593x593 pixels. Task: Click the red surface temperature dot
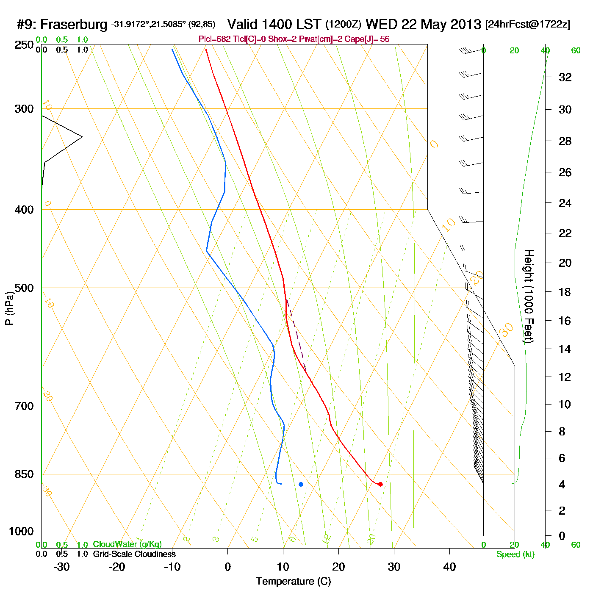(380, 484)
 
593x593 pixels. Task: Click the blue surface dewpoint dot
(301, 484)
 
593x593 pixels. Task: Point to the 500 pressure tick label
(24, 288)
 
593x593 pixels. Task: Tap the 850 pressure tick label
(24, 474)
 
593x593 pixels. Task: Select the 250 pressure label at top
(24, 45)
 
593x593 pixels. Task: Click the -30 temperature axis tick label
(61, 567)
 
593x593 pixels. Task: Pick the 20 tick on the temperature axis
(338, 567)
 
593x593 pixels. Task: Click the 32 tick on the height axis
(565, 77)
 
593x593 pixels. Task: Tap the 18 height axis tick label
(565, 292)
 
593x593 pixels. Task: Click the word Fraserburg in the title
(74, 25)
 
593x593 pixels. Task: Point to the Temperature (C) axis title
(293, 581)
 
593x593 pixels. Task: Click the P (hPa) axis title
(9, 308)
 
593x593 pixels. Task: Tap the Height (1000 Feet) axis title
(529, 296)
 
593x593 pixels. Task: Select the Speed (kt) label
(515, 554)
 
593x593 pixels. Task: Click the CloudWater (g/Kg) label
(127, 544)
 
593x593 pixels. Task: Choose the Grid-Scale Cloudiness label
(134, 554)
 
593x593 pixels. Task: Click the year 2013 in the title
(466, 25)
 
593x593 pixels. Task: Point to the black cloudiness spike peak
(82, 137)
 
